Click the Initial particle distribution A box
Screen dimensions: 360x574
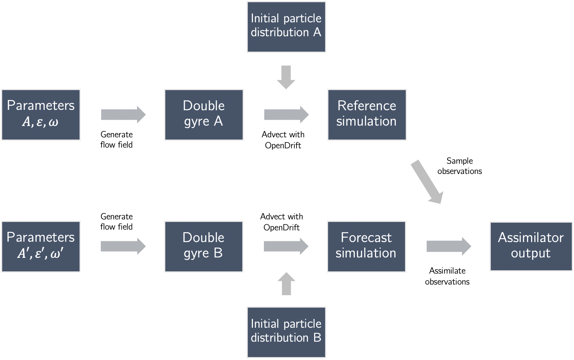tap(286, 27)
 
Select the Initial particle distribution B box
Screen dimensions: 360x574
tap(286, 332)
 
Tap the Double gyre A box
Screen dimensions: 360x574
tap(204, 115)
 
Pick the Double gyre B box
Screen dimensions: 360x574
tap(204, 246)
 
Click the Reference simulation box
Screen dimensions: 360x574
tap(367, 115)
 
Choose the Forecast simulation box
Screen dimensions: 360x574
tap(366, 246)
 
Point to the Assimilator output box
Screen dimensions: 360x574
tap(531, 246)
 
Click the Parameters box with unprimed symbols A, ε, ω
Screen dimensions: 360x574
tap(41, 115)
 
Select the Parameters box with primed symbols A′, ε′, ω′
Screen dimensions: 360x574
tap(41, 246)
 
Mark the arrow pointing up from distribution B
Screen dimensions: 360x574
tap(286, 284)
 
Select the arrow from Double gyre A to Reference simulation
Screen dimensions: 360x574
tap(286, 115)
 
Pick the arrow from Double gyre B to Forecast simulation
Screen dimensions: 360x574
tap(286, 246)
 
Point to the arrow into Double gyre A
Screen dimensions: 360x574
tap(123, 115)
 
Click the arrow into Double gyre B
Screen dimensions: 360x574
tap(123, 246)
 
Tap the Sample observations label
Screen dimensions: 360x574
tap(460, 166)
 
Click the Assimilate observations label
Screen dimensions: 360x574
tap(447, 276)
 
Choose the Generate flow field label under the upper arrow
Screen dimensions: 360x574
tap(117, 140)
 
